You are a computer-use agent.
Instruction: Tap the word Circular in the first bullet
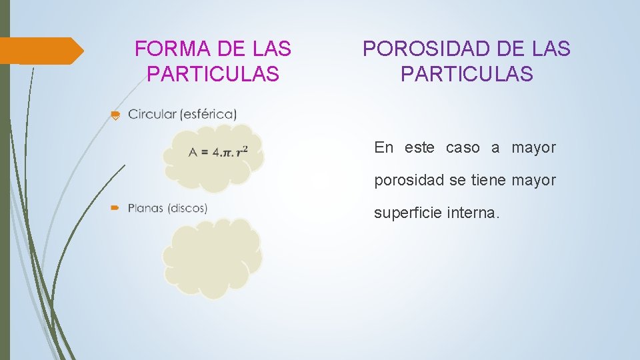(152, 114)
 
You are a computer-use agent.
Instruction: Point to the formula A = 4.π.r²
(218, 151)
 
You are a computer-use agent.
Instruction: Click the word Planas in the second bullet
(145, 208)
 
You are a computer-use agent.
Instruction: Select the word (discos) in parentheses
(187, 208)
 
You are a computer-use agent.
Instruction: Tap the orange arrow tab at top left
(40, 51)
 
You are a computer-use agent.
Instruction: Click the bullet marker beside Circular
(115, 115)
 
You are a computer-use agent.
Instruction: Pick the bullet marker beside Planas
(115, 209)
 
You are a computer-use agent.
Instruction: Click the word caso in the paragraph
(463, 148)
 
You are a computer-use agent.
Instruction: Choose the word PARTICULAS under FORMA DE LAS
(213, 74)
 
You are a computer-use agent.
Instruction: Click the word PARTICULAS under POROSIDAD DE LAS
(467, 74)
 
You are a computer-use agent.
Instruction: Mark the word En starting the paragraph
(384, 148)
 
